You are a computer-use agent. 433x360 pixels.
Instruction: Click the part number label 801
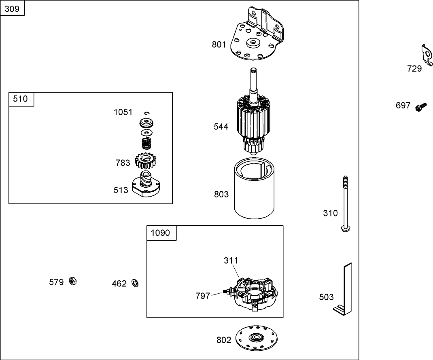coord(219,44)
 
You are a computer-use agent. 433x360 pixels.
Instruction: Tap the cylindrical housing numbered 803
coord(254,190)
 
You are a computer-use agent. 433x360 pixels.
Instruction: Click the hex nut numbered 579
coord(73,281)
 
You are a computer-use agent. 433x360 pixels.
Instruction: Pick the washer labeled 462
coord(135,283)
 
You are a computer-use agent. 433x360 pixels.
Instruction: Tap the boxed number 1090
coord(161,233)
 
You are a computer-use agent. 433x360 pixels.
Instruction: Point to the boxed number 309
coord(12,8)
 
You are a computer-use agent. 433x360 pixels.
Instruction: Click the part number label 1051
coord(123,112)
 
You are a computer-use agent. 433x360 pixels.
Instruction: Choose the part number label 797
coord(203,296)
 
